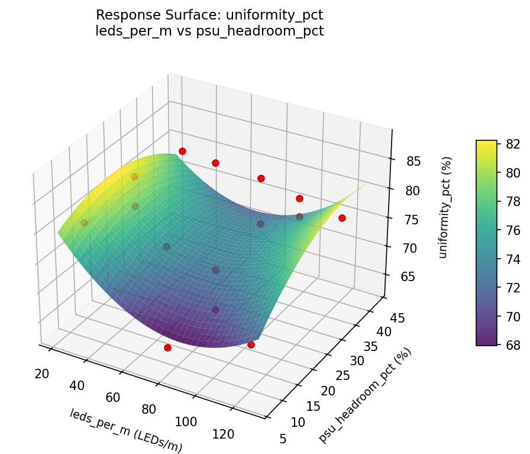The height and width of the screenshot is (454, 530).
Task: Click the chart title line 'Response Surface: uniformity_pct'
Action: [x=209, y=15]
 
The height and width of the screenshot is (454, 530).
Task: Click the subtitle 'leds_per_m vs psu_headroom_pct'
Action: [x=209, y=31]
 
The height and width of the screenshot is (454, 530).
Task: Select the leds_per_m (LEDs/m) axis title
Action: [x=126, y=430]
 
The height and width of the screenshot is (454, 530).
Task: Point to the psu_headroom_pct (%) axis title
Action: [x=365, y=395]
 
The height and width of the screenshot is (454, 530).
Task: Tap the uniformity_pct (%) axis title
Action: [x=448, y=207]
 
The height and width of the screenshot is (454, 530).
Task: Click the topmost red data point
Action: [x=182, y=151]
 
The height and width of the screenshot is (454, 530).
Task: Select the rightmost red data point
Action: [x=342, y=218]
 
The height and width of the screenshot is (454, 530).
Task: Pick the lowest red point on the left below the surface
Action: [x=167, y=348]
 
